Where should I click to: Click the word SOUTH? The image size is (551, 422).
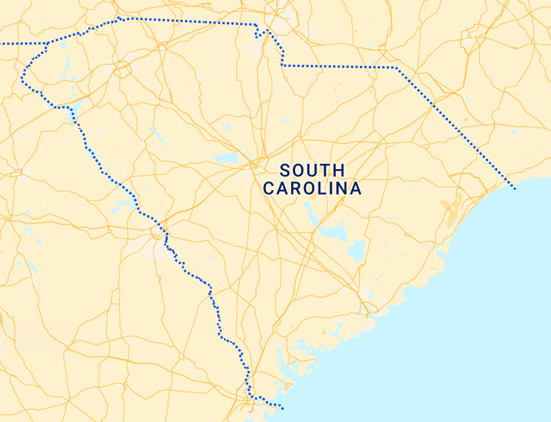tap(312, 170)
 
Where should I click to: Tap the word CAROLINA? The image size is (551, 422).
tap(312, 189)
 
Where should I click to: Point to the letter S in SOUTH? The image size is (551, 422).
tap(285, 170)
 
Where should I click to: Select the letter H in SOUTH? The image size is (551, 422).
tap(339, 170)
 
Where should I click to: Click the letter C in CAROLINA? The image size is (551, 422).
tap(269, 189)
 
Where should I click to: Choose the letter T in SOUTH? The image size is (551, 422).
tap(326, 170)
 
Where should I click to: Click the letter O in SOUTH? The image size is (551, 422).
tap(298, 170)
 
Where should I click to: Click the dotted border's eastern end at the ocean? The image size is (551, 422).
tap(515, 189)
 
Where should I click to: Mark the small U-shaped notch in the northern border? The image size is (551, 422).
tap(259, 35)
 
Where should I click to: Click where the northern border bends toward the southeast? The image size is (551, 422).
tap(396, 68)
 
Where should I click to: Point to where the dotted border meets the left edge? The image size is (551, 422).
tap(2, 43)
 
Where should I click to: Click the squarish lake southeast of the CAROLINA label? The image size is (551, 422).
tap(356, 251)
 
